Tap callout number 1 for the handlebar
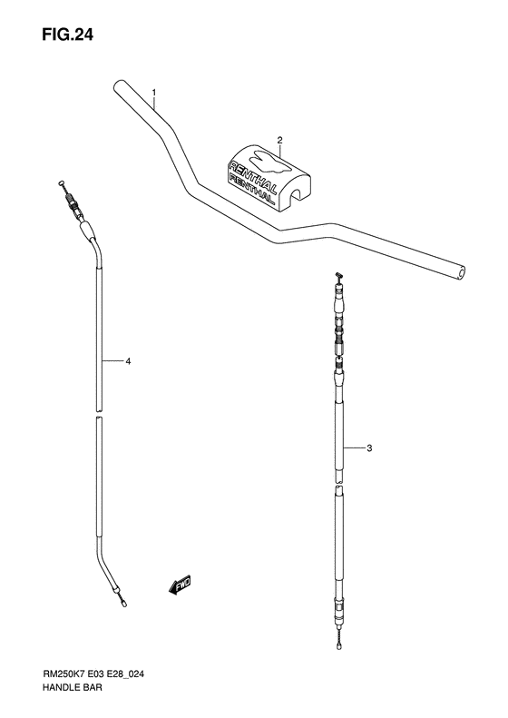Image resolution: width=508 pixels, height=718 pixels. [x=155, y=93]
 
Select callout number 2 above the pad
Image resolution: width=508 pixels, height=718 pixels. [x=280, y=140]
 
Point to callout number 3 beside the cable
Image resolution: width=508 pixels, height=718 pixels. [x=369, y=448]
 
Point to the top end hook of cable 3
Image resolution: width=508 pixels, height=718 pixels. [x=336, y=277]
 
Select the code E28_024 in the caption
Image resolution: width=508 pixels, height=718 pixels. [x=145, y=675]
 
